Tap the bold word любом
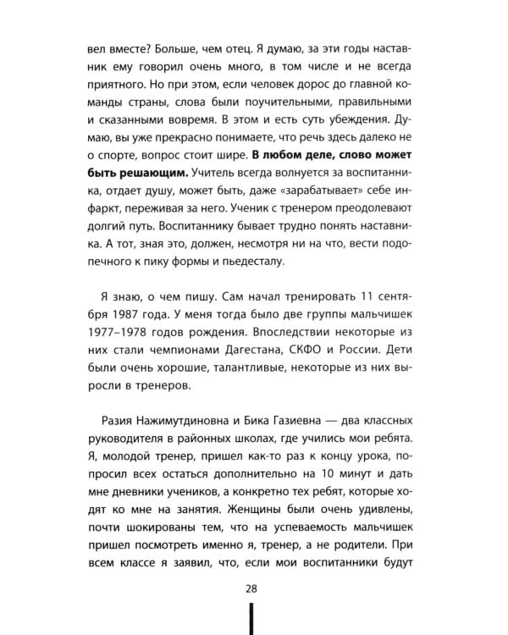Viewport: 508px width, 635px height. [304, 154]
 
